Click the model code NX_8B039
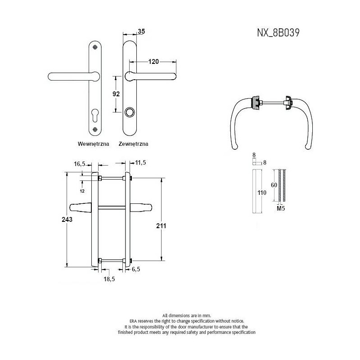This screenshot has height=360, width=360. click(278, 32)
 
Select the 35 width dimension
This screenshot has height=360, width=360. click(141, 31)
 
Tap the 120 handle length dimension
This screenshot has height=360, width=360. click(153, 62)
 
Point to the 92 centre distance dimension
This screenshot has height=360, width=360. click(116, 94)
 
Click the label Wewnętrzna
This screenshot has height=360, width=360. click(94, 144)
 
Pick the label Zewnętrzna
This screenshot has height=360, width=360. click(133, 144)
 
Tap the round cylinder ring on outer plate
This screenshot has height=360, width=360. click(130, 112)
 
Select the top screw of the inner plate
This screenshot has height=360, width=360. click(95, 47)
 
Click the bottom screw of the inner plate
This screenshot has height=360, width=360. click(95, 129)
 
